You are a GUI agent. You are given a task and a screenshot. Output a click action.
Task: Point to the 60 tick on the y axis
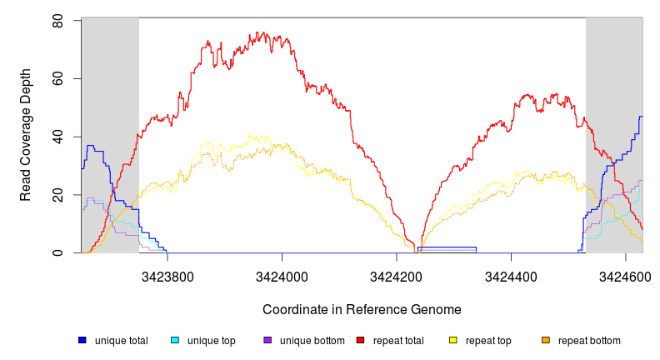tap(57, 79)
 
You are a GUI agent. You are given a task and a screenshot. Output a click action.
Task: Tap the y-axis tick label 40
tap(57, 137)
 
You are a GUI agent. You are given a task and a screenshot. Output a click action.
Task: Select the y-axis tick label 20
tap(57, 195)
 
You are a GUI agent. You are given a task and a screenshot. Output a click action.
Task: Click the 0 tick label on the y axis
tap(57, 252)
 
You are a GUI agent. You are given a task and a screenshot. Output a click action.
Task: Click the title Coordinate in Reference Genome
tap(362, 309)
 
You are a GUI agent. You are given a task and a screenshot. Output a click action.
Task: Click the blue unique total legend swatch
tap(82, 340)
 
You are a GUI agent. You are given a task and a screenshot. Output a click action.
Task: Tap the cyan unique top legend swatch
tap(175, 340)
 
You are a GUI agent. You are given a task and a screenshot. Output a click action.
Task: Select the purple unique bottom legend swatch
tap(267, 340)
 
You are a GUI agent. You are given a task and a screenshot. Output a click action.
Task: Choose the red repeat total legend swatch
tap(360, 340)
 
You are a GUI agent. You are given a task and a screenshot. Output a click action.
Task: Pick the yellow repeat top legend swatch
tap(453, 340)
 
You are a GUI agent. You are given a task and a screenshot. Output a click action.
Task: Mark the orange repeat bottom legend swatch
tap(546, 340)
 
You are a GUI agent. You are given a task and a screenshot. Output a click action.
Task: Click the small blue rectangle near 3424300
tap(447, 249)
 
